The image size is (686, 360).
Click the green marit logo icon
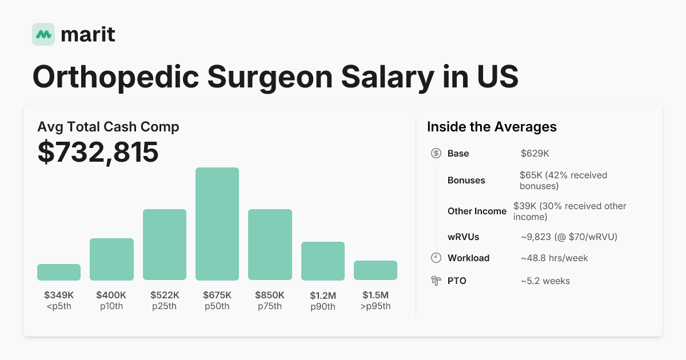click(x=43, y=34)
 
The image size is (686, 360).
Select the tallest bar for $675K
click(x=217, y=224)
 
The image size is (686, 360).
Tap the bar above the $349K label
click(x=59, y=272)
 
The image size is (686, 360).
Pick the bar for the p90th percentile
click(x=323, y=261)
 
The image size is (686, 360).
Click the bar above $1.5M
click(x=376, y=270)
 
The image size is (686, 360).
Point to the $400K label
click(x=111, y=295)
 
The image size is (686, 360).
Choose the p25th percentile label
click(x=165, y=306)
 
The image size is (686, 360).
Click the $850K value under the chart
click(x=270, y=295)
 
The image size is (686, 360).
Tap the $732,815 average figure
click(x=98, y=152)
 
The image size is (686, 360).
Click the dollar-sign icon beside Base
click(x=436, y=153)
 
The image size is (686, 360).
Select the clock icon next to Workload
click(x=436, y=258)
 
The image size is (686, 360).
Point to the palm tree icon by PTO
click(x=436, y=281)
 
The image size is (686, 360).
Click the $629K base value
click(x=535, y=153)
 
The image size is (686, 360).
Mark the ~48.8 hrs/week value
click(x=554, y=258)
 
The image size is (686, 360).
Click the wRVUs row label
click(x=463, y=237)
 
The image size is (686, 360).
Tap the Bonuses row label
click(x=466, y=180)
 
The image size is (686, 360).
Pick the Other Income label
click(x=477, y=211)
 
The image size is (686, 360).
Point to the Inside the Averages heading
click(x=492, y=127)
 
